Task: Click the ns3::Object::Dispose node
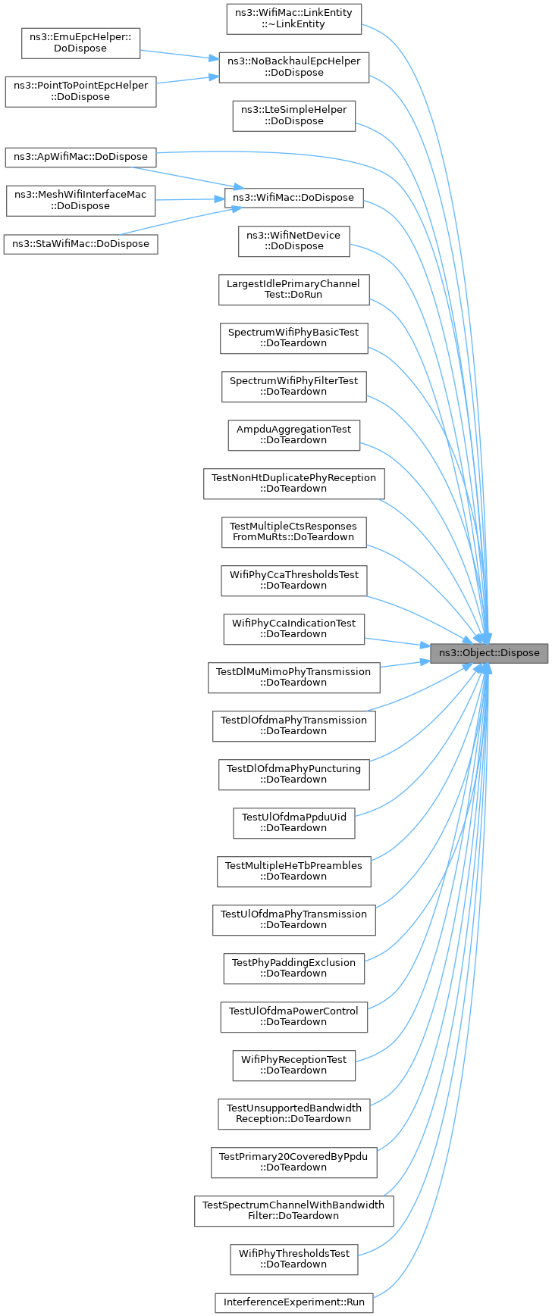point(489,652)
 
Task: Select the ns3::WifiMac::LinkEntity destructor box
point(293,18)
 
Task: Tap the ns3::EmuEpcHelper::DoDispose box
point(80,42)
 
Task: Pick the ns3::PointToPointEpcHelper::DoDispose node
point(80,91)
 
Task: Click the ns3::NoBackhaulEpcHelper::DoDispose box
point(293,67)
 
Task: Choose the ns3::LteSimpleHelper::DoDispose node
point(293,115)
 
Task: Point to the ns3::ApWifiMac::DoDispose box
point(80,157)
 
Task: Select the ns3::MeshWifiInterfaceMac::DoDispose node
point(80,200)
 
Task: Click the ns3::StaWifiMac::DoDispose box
point(80,244)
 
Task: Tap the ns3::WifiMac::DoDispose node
point(293,198)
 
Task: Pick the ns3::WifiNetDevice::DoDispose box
point(293,240)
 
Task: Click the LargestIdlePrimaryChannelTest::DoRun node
point(293,289)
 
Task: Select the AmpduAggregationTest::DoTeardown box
point(293,434)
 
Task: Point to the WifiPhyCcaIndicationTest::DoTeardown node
point(293,628)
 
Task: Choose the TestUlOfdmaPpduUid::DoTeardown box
point(293,822)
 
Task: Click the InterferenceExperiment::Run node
point(293,1303)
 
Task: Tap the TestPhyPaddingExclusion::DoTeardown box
point(293,967)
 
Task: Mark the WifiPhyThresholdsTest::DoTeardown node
point(293,1258)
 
